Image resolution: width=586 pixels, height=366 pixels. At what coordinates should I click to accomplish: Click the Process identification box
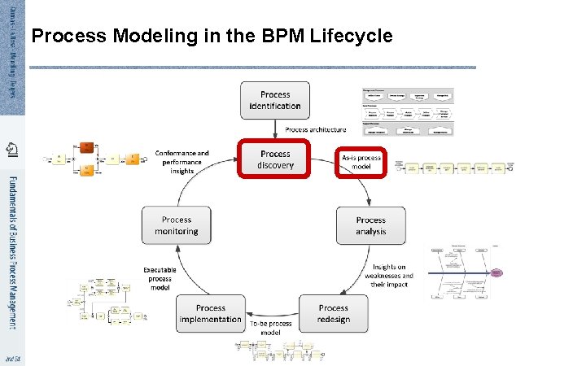pyautogui.click(x=275, y=100)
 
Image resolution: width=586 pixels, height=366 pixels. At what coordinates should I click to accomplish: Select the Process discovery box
pyautogui.click(x=275, y=159)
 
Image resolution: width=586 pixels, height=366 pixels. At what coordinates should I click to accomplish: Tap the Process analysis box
pyautogui.click(x=370, y=225)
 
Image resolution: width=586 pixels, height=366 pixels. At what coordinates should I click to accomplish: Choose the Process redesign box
pyautogui.click(x=334, y=313)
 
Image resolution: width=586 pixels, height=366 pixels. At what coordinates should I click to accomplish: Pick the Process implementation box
pyautogui.click(x=211, y=313)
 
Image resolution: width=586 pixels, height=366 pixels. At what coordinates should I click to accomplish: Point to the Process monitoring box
pyautogui.click(x=177, y=225)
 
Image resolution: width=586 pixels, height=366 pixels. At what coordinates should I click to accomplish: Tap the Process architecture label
pyautogui.click(x=315, y=129)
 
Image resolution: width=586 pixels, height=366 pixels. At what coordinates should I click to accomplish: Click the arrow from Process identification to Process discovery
pyautogui.click(x=275, y=129)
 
